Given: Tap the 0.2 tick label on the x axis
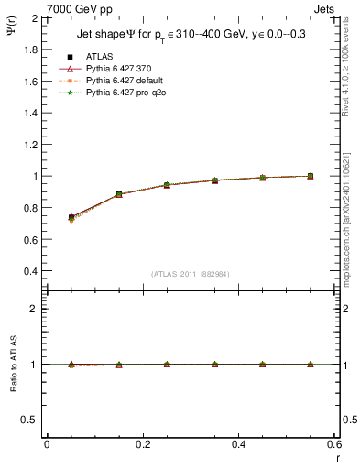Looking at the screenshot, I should coord(142,444).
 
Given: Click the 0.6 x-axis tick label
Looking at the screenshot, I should coord(333,444).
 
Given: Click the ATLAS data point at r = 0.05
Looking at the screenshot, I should coord(71,217).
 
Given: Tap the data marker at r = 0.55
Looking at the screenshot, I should coord(310,176).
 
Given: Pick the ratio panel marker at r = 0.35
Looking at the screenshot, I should coord(214,364).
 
